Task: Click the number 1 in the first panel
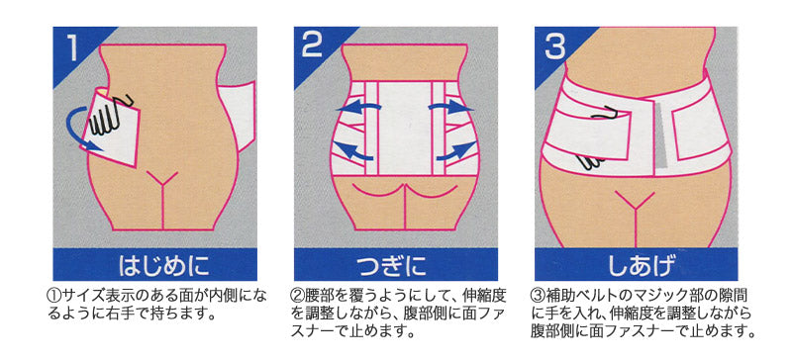[72, 48]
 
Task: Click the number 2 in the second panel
[312, 46]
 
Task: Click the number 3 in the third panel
[556, 46]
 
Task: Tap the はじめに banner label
[164, 265]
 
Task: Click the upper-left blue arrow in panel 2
[358, 107]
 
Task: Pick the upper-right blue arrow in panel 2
[450, 107]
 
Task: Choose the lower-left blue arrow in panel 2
[353, 151]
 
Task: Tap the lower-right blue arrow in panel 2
[455, 151]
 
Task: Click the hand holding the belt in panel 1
[109, 117]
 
